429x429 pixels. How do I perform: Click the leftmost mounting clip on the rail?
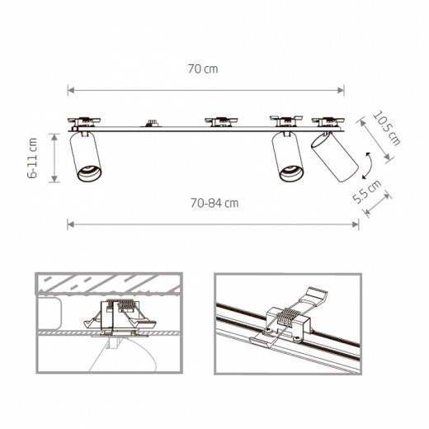[86, 120]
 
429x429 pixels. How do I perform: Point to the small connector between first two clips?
[151, 124]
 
